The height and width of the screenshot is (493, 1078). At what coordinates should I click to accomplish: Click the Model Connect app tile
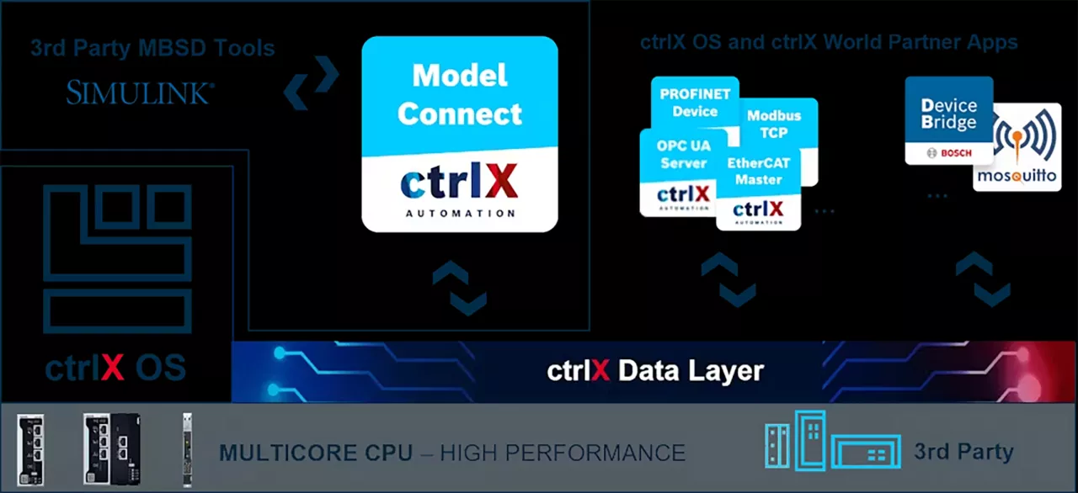click(x=460, y=135)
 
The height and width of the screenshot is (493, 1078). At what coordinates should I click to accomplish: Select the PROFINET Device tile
click(x=695, y=101)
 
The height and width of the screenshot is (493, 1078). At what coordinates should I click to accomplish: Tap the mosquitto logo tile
click(x=1017, y=147)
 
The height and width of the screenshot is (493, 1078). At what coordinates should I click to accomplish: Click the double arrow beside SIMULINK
click(x=311, y=82)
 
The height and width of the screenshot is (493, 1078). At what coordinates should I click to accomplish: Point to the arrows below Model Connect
click(x=460, y=288)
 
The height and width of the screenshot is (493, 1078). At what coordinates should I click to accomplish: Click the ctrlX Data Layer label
click(x=655, y=371)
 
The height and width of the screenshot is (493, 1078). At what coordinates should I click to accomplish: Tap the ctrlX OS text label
click(x=115, y=368)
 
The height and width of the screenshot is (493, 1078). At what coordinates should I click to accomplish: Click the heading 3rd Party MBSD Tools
click(x=152, y=48)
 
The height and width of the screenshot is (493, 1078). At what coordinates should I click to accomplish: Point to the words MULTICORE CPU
click(x=316, y=453)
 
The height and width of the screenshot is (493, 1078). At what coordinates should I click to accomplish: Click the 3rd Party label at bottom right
click(x=963, y=452)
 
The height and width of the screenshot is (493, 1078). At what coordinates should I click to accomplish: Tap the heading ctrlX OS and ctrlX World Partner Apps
click(x=829, y=42)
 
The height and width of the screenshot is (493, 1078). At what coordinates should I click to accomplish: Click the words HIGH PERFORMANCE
click(x=563, y=453)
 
